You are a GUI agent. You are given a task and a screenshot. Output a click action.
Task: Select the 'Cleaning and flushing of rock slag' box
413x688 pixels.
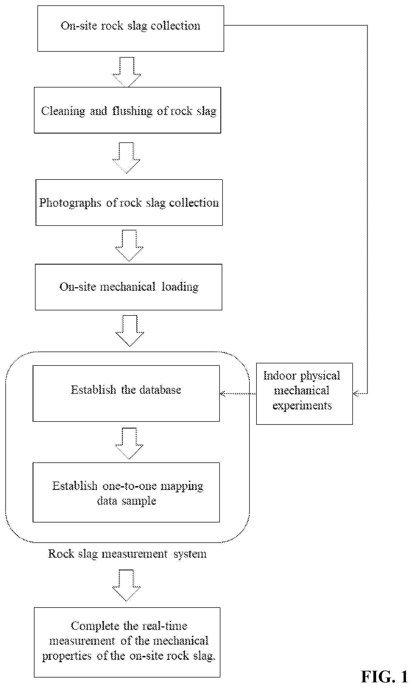(127, 110)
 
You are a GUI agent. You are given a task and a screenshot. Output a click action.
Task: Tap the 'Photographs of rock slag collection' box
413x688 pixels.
(129, 202)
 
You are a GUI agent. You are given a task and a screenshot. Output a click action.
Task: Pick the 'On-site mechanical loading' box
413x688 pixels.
(129, 287)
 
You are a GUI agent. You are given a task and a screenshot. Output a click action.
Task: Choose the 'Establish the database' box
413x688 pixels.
(126, 393)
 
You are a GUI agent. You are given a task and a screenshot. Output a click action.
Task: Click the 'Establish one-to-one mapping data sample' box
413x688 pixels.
(126, 492)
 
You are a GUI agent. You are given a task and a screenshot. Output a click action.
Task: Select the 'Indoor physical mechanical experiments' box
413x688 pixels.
(304, 394)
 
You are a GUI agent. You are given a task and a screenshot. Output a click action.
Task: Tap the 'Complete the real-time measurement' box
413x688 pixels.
(127, 642)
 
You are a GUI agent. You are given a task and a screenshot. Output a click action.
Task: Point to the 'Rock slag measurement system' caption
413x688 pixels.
(127, 554)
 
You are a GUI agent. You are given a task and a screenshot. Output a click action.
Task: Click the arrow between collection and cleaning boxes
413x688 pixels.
(127, 72)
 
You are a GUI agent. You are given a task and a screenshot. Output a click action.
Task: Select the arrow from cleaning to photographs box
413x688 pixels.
(126, 158)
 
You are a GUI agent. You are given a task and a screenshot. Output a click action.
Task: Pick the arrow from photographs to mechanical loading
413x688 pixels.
(129, 245)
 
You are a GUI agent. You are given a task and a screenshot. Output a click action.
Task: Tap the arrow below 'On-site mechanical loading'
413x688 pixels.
(130, 331)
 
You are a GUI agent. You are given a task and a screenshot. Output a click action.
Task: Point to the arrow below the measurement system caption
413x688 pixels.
(126, 585)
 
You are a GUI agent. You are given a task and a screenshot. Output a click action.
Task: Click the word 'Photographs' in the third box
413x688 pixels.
(70, 203)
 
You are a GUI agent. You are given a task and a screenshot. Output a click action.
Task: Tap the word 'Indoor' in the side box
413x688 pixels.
(280, 375)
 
